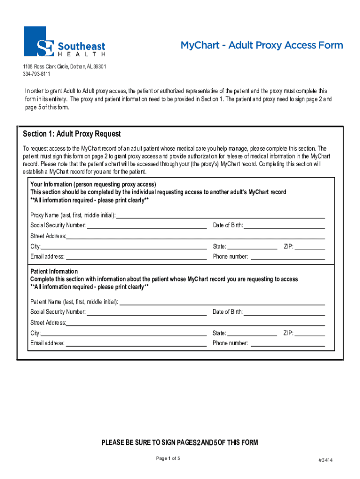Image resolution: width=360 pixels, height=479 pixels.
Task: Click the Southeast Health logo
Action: point(65,42)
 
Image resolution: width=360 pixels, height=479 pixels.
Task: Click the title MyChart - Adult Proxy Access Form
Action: point(262,45)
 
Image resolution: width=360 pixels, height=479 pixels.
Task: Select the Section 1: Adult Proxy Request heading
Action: point(72,134)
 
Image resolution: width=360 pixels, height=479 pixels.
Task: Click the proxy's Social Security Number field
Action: point(147,225)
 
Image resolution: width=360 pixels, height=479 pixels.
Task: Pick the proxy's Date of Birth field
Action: point(284,225)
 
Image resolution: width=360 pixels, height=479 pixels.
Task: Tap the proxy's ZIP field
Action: point(310,247)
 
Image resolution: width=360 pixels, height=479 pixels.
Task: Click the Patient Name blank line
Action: point(222,302)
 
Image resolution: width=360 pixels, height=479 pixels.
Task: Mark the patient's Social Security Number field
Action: point(147,312)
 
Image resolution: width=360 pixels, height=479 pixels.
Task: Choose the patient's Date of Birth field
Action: point(284,312)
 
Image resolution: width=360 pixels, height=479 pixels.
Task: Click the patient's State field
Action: point(252,333)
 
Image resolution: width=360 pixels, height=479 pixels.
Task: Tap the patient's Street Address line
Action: point(195,323)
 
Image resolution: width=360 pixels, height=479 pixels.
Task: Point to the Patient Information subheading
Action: point(54,272)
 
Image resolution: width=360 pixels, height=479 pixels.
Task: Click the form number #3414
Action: point(325,460)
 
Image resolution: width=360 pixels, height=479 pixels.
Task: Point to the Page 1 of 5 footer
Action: point(168,458)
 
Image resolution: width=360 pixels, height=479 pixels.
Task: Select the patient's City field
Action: point(124,333)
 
